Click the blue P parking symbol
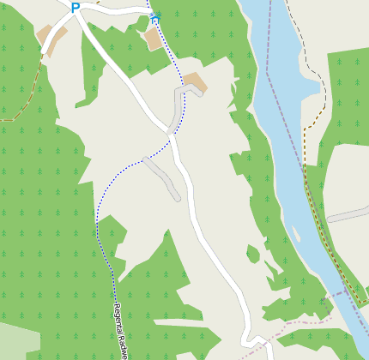tap(76, 8)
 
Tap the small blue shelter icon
tap(155, 16)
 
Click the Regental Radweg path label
tap(121, 331)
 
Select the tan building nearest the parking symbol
tap(50, 39)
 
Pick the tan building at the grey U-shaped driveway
tap(195, 82)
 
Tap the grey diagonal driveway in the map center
tap(162, 177)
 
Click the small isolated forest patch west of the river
tap(252, 254)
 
